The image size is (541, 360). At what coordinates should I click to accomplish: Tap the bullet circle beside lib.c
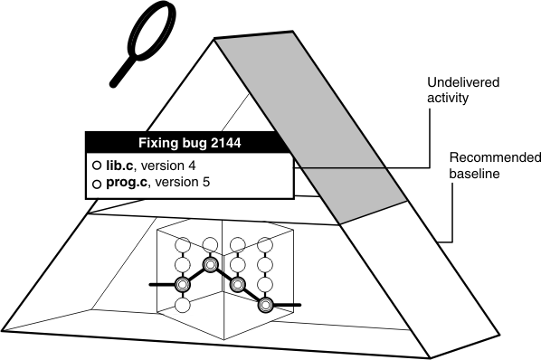[96, 166]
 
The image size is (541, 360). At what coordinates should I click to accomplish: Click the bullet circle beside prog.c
[96, 185]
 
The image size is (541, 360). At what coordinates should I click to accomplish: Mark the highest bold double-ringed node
[211, 264]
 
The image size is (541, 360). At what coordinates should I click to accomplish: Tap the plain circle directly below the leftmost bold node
[183, 305]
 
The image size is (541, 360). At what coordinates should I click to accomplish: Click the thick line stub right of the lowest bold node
[287, 305]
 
